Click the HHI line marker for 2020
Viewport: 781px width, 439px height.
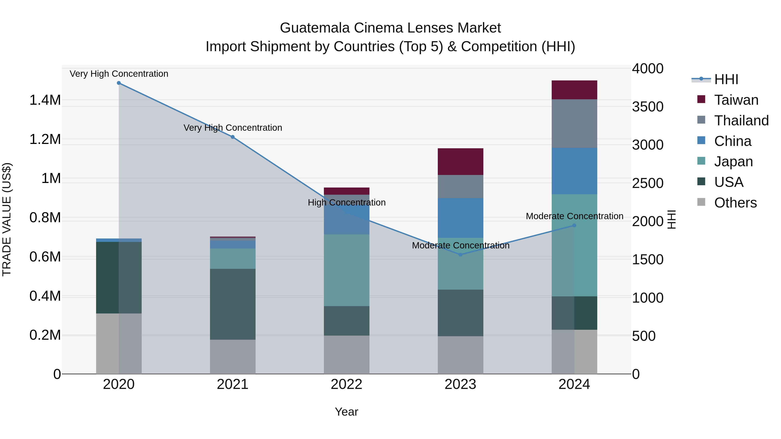pyautogui.click(x=119, y=83)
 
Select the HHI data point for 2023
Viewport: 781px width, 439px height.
pyautogui.click(x=460, y=255)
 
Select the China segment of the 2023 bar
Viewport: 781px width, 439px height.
pyautogui.click(x=460, y=218)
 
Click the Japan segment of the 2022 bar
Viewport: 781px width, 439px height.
pyautogui.click(x=346, y=270)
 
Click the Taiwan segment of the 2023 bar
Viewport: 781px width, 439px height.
pyautogui.click(x=460, y=162)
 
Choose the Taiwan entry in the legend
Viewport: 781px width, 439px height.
pyautogui.click(x=736, y=100)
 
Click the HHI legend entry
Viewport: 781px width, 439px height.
pyautogui.click(x=726, y=79)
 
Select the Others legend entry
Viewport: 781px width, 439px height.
pyautogui.click(x=735, y=203)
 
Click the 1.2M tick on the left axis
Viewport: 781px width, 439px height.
pyautogui.click(x=45, y=139)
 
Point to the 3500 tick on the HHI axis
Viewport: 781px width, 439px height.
pyautogui.click(x=648, y=107)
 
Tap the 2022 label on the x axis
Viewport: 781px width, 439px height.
pyautogui.click(x=346, y=384)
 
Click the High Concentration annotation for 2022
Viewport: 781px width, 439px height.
pyautogui.click(x=346, y=202)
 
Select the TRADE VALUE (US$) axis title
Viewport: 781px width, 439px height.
pyautogui.click(x=7, y=219)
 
